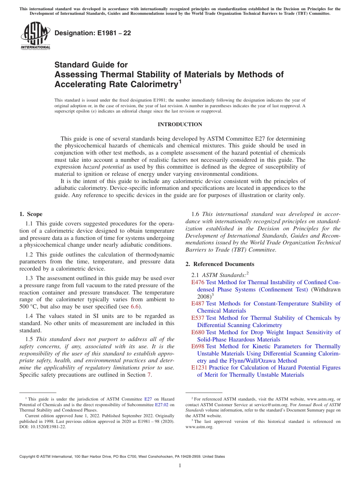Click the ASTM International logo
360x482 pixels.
(x=35, y=36)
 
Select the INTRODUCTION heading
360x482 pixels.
(x=180, y=125)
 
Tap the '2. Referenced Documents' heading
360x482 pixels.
(x=220, y=264)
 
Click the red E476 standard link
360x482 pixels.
(x=198, y=282)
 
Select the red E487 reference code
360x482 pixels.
(x=198, y=304)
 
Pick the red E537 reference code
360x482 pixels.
(x=198, y=318)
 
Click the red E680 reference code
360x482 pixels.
(x=198, y=332)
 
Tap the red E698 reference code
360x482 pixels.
(x=198, y=346)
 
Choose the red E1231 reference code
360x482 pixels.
(x=199, y=368)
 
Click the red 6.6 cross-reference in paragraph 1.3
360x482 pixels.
(x=135, y=307)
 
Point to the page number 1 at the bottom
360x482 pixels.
(x=180, y=466)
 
